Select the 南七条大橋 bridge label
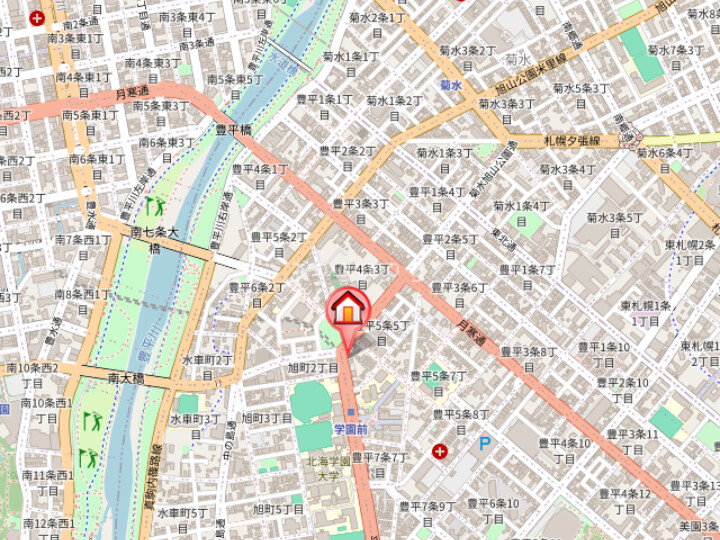click(x=154, y=240)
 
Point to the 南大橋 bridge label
click(x=126, y=379)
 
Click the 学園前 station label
click(x=351, y=429)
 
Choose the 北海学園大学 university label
click(x=329, y=469)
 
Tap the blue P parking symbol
click(x=485, y=443)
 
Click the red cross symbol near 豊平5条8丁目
click(x=439, y=452)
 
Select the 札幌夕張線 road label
click(x=571, y=141)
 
